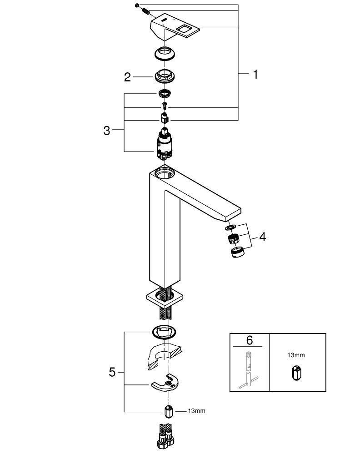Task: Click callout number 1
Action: [255, 74]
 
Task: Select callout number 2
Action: [128, 77]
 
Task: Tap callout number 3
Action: [107, 131]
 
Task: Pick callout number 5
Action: [112, 372]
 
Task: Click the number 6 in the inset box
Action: [249, 340]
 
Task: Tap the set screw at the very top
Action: [136, 5]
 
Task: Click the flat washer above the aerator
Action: [229, 227]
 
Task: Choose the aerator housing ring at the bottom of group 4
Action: [237, 253]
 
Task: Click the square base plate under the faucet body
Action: [165, 298]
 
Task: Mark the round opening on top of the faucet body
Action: [165, 172]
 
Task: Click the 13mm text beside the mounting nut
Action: [196, 411]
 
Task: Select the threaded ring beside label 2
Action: [165, 76]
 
